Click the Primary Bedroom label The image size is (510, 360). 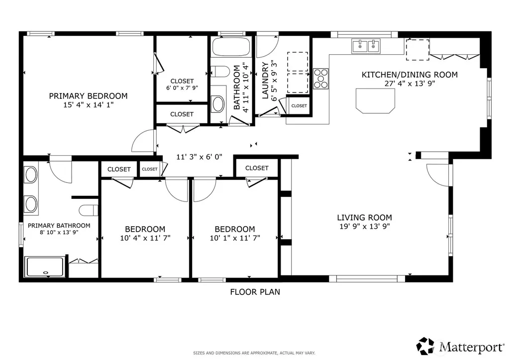[x=88, y=96]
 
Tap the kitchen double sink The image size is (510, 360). [x=366, y=46]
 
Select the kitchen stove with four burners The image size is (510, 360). [x=321, y=79]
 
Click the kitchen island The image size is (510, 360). [x=375, y=101]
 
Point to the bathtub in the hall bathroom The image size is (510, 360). [x=231, y=47]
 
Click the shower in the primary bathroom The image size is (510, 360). [x=45, y=267]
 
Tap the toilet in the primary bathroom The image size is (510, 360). [x=89, y=210]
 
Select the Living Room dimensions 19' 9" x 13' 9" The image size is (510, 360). [x=365, y=226]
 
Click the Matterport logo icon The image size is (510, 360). [x=425, y=347]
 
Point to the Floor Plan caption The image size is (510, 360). [x=255, y=292]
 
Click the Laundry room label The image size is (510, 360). [x=265, y=80]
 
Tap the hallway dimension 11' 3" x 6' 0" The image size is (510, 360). [x=199, y=157]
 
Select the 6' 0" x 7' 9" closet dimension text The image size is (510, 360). [x=182, y=88]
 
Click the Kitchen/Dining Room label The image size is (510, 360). [x=410, y=75]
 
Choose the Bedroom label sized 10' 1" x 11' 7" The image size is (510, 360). [x=235, y=229]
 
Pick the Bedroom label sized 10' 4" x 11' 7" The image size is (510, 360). [x=145, y=229]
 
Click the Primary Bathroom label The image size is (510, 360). [x=59, y=225]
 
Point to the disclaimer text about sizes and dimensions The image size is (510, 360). [x=254, y=353]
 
